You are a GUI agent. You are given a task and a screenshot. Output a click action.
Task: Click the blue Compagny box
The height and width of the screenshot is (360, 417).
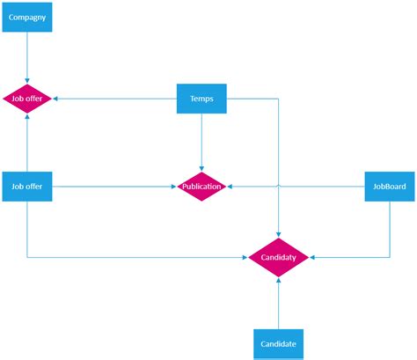coord(27,17)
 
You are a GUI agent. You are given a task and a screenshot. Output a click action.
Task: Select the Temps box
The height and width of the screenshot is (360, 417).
coord(201,99)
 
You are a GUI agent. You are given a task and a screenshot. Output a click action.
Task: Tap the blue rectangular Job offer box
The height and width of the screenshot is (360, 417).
coord(27,187)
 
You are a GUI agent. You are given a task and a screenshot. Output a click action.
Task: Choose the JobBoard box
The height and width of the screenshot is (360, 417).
coord(391,187)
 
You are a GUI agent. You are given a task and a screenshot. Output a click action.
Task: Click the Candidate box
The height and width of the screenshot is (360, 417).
coord(278,343)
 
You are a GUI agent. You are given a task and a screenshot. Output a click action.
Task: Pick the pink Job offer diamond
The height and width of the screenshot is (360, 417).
coord(27,99)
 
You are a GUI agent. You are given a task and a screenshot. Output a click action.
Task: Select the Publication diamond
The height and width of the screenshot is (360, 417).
coord(201,187)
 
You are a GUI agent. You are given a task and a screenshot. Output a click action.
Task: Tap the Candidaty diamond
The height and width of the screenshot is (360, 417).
coord(278,257)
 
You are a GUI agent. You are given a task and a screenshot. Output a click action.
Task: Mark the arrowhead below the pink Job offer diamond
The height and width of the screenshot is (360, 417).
coord(27,119)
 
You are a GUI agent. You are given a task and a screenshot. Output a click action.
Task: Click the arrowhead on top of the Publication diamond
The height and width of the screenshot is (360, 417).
coord(201,169)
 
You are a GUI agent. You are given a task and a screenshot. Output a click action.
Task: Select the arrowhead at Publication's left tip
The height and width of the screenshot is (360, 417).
coord(174,187)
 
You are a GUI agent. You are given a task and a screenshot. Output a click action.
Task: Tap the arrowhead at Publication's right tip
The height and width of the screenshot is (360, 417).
coord(230,187)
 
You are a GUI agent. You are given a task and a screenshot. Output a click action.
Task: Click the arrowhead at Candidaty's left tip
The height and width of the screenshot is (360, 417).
coord(245,257)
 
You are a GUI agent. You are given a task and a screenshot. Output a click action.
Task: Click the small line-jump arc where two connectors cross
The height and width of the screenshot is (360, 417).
coord(278,187)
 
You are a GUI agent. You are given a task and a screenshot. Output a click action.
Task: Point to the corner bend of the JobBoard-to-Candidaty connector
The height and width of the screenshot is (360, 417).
coord(391,257)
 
